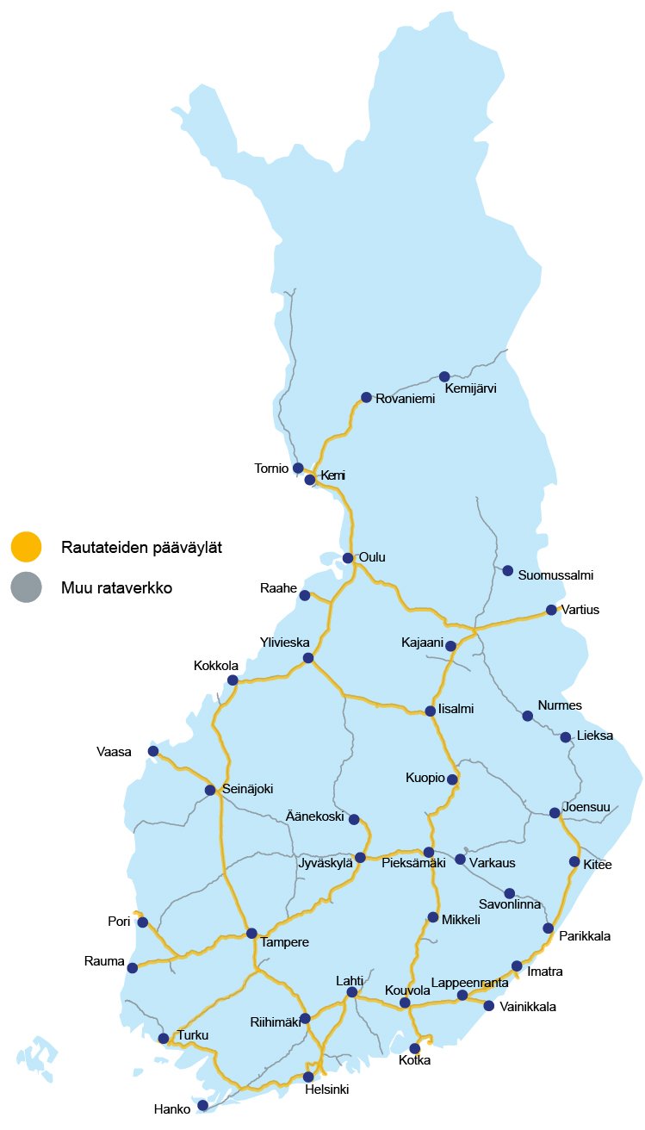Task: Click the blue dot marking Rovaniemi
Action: (366, 397)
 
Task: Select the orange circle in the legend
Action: (26, 546)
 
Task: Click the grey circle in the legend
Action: (26, 587)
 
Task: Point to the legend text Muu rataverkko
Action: (117, 588)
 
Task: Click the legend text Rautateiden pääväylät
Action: (143, 547)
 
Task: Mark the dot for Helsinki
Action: (308, 1077)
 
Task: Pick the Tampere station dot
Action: (251, 933)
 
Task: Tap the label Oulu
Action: (372, 557)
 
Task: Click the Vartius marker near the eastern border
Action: (551, 610)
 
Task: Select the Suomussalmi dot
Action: (508, 570)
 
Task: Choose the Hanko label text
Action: (171, 1109)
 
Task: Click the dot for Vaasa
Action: (153, 751)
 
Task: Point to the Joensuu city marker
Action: (555, 812)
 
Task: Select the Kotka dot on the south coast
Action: (415, 1048)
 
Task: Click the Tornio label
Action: (271, 469)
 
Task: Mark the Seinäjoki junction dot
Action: (210, 790)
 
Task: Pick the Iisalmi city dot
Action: (431, 711)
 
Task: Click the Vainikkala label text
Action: (527, 1007)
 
